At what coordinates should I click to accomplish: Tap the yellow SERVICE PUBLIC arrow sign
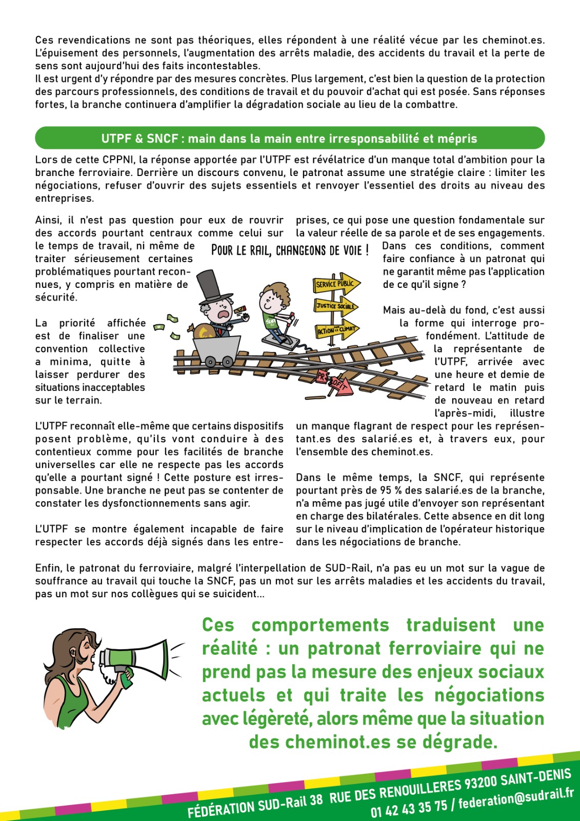[336, 284]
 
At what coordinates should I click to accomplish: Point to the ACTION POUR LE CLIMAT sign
[336, 330]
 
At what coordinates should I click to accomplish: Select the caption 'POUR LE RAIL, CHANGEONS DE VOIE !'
[290, 251]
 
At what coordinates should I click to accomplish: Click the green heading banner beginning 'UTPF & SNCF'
[289, 139]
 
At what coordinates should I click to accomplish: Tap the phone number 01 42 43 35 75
[409, 807]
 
